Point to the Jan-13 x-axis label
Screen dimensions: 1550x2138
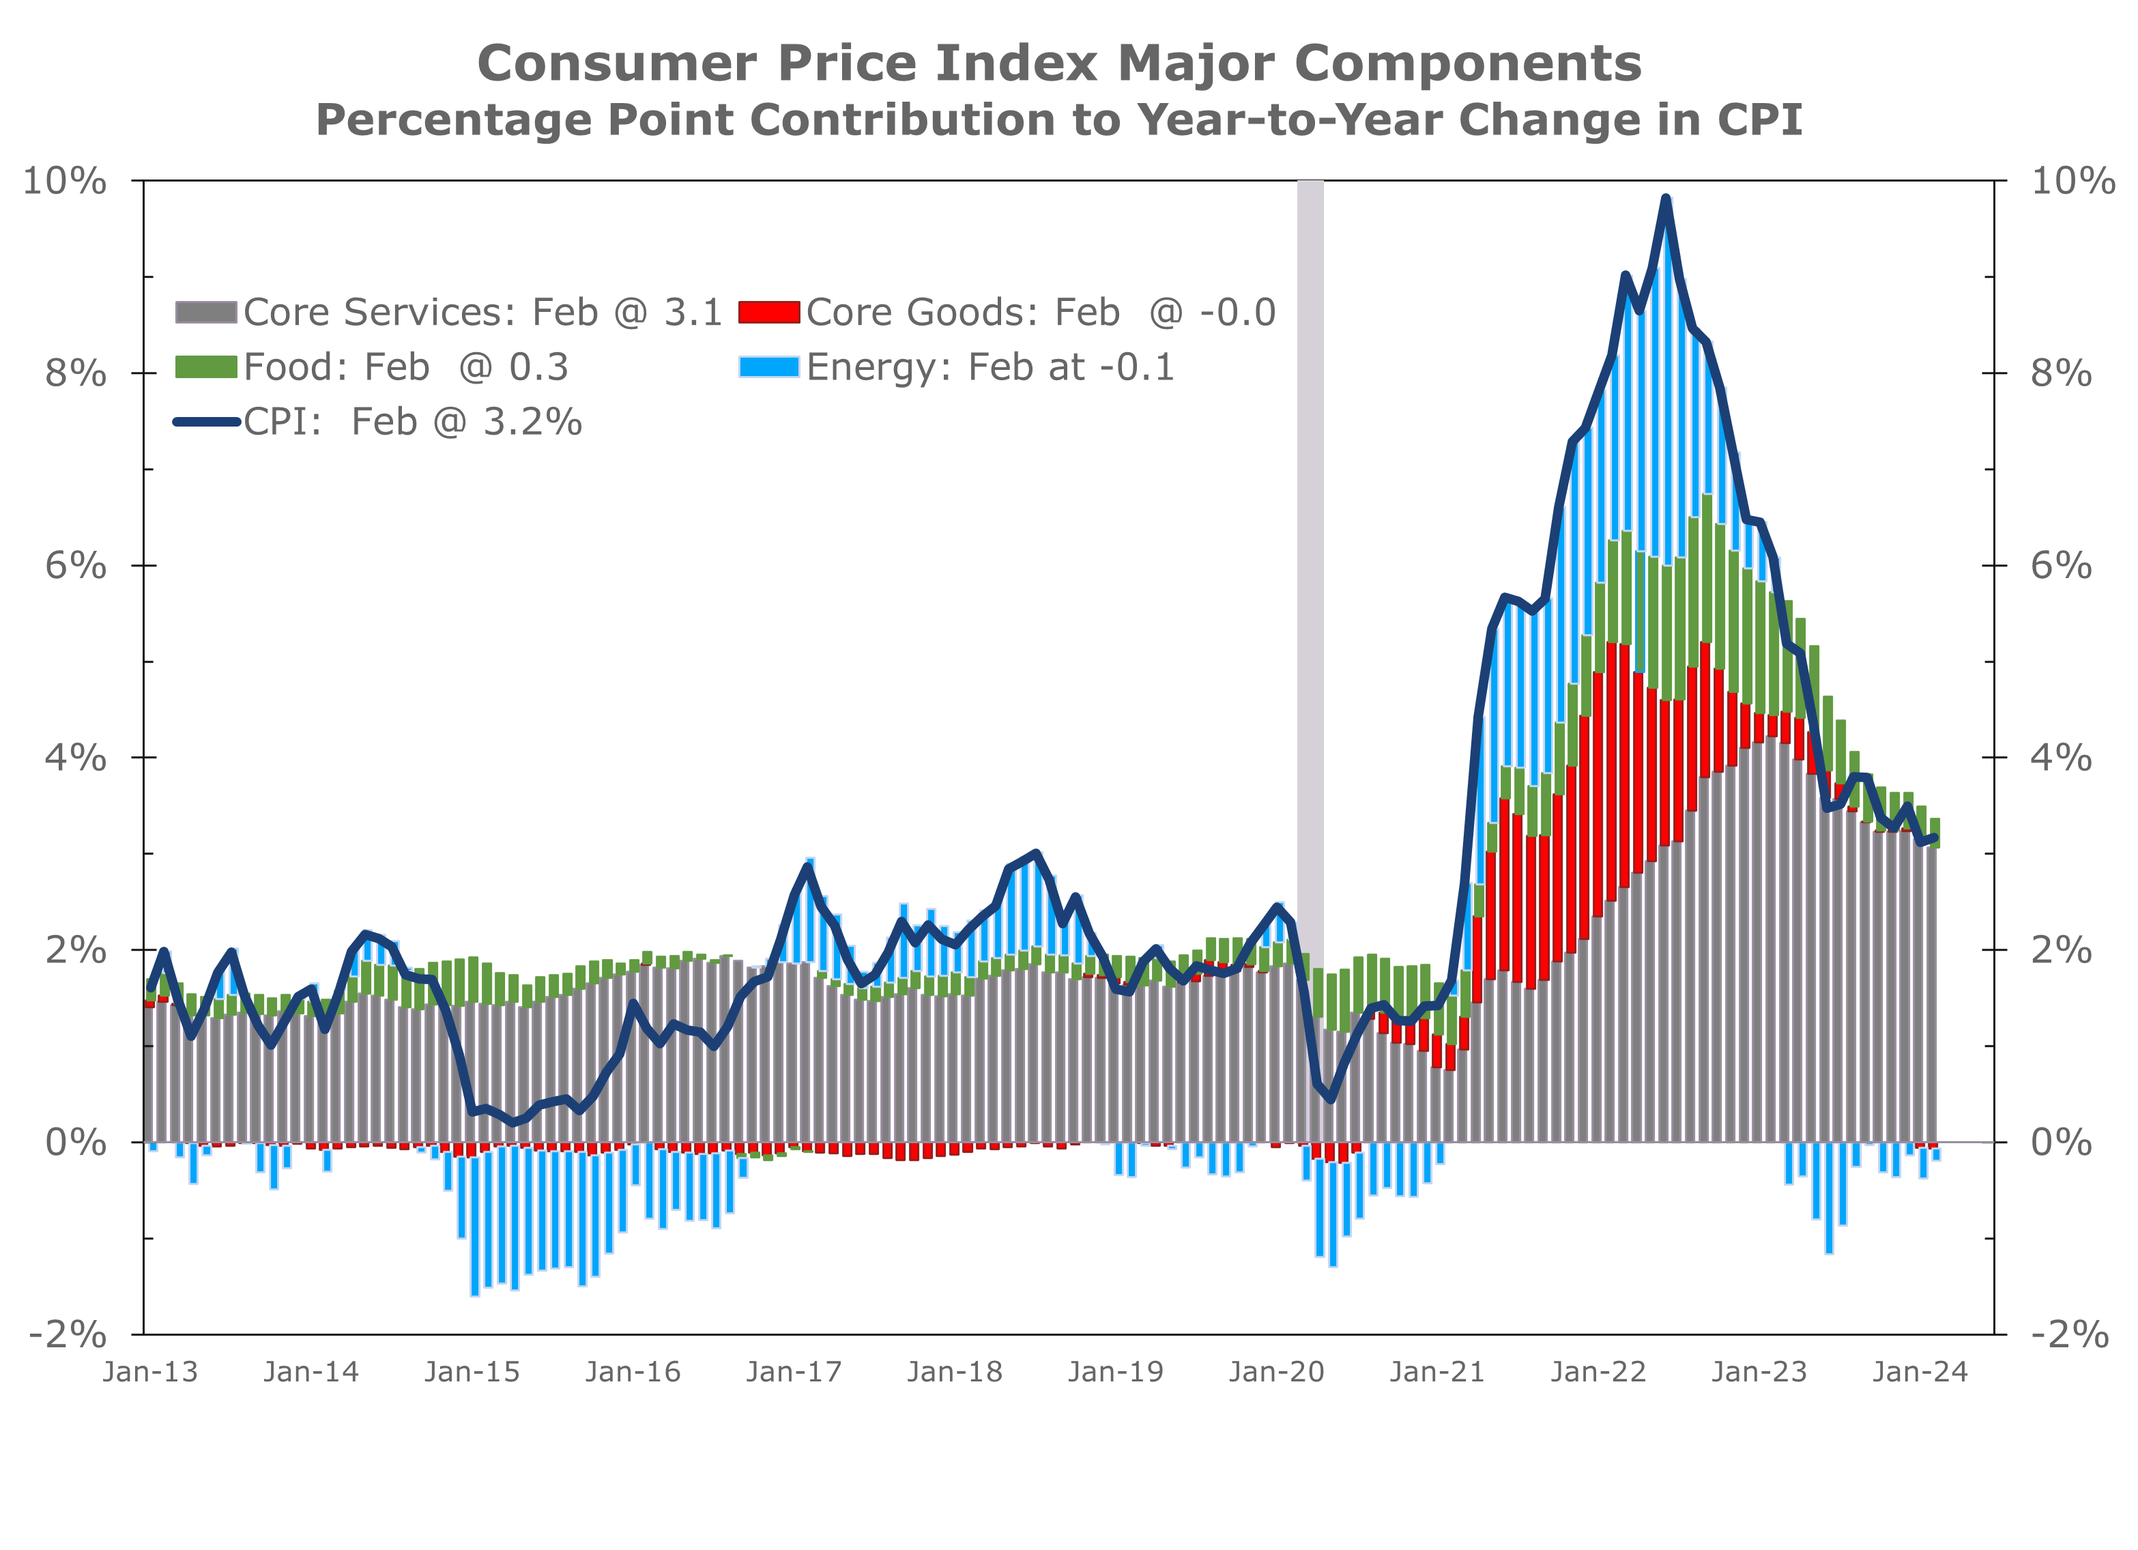(x=151, y=1372)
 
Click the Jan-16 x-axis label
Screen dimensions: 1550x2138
(x=633, y=1372)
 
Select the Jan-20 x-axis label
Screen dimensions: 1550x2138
(x=1276, y=1372)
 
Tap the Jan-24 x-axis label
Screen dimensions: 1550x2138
(x=1920, y=1372)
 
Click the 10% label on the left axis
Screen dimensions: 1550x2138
(x=64, y=180)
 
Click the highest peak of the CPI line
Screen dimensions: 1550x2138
(x=1666, y=198)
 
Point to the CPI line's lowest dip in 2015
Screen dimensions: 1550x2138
(x=514, y=1123)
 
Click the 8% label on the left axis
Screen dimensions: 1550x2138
(x=76, y=373)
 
